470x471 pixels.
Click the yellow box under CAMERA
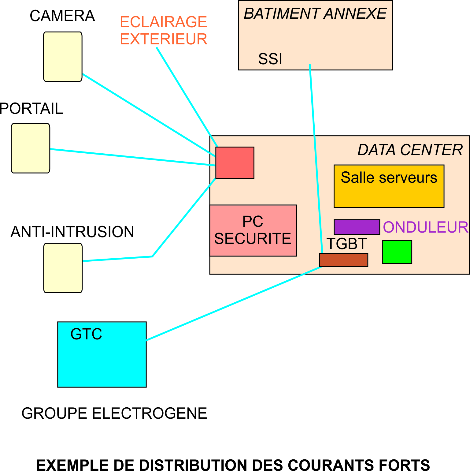click(63, 57)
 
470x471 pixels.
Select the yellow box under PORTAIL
click(31, 148)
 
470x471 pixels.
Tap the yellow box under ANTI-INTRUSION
click(63, 268)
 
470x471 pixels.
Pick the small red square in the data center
click(235, 163)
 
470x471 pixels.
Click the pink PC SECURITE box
click(253, 230)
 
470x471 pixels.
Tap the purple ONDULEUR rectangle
click(357, 227)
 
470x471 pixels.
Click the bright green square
click(397, 252)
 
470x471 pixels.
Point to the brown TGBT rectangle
click(343, 260)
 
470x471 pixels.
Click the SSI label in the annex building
click(270, 59)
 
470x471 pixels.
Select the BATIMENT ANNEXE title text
click(315, 14)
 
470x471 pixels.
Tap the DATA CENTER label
click(410, 150)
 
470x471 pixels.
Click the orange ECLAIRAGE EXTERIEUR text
click(164, 31)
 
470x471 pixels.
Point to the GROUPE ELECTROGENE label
click(114, 413)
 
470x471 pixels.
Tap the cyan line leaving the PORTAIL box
click(131, 157)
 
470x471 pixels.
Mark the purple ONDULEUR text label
click(425, 227)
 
